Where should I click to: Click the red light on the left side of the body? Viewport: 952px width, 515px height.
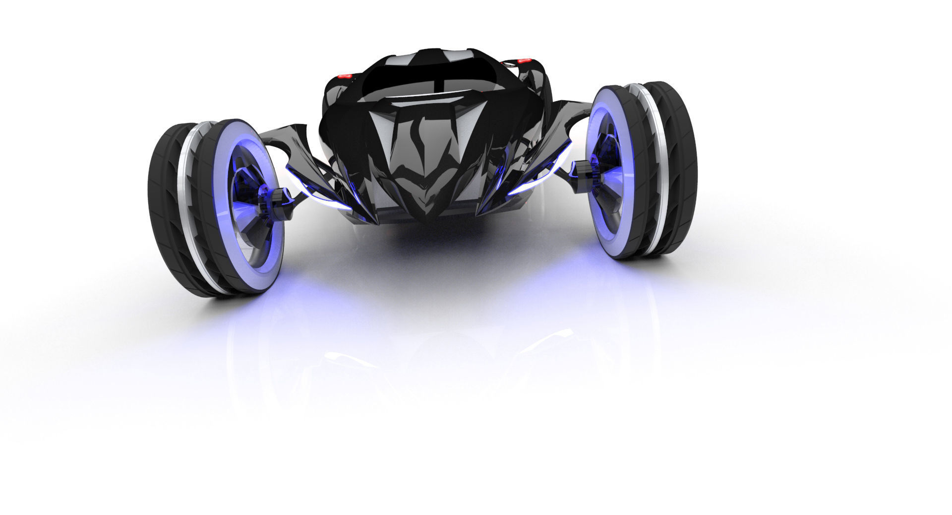pos(345,76)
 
